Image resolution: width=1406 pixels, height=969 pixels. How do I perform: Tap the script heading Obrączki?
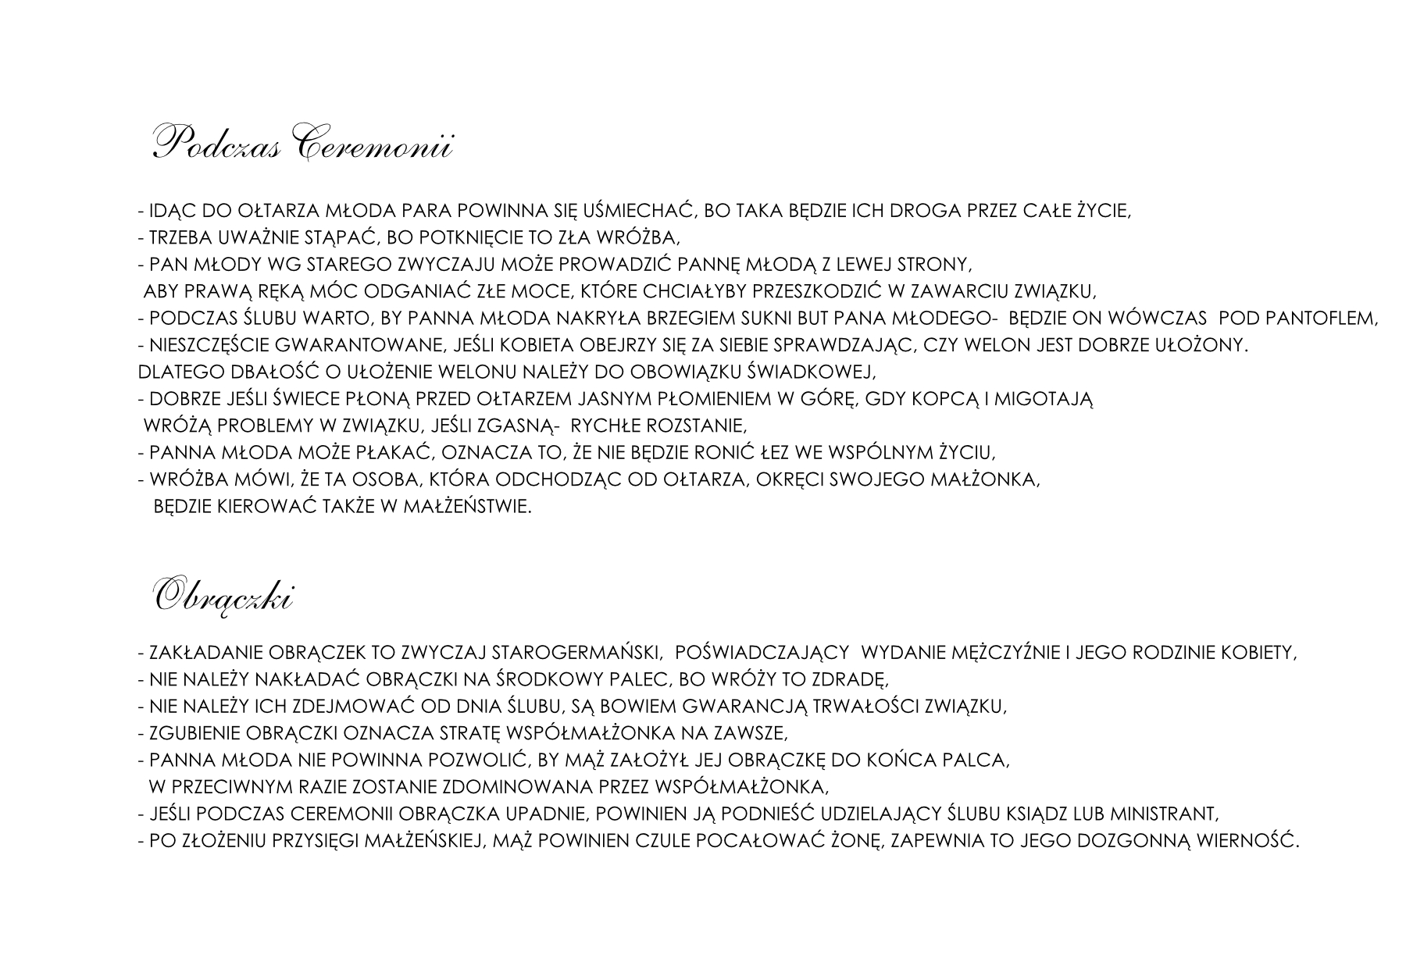(223, 597)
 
